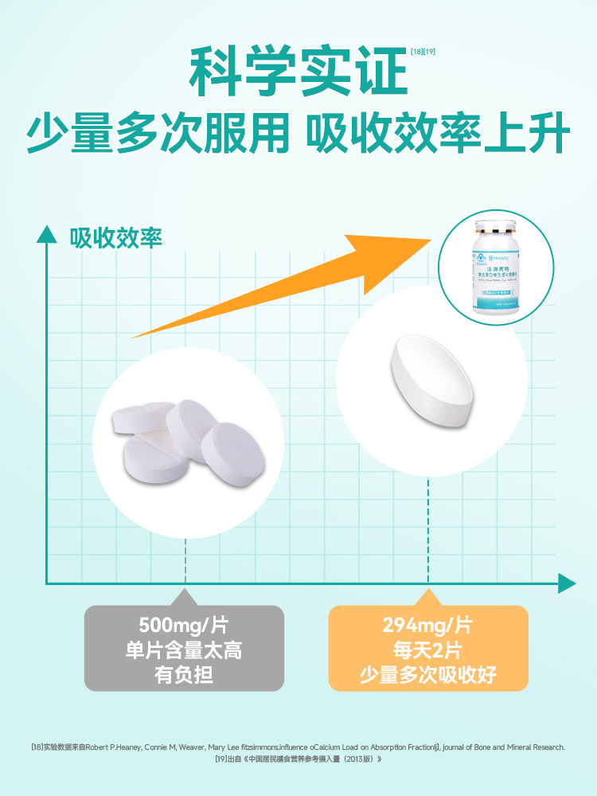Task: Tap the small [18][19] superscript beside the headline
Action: [x=422, y=52]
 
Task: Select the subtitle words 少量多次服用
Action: [x=157, y=135]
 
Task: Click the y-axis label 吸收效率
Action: [x=116, y=238]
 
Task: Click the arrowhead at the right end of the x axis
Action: [x=566, y=583]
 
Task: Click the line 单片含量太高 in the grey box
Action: [x=184, y=650]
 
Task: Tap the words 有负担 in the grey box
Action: [x=184, y=676]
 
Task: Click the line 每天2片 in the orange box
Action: [x=428, y=650]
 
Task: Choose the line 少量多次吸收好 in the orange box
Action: [x=428, y=676]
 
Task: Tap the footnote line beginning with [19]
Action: [x=298, y=759]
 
